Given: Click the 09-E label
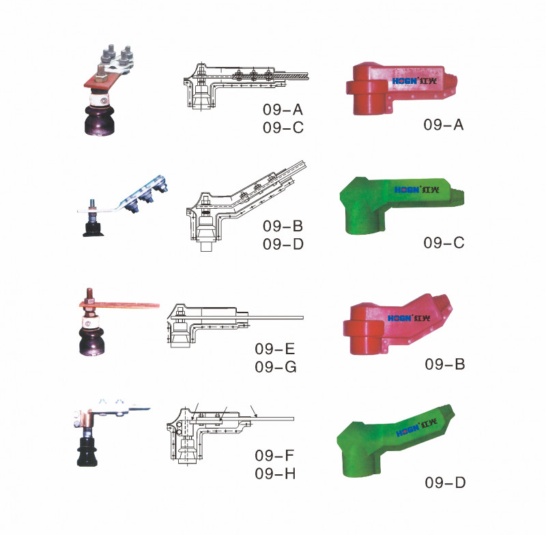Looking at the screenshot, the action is point(275,349).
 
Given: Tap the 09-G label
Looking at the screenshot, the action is point(276,367).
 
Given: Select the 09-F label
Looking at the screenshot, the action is point(274,455).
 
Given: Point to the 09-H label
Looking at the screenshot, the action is point(275,474).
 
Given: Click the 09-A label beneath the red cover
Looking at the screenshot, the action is point(443,125).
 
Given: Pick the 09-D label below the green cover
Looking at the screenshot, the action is point(445,482).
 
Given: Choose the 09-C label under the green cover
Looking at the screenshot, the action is point(444,243).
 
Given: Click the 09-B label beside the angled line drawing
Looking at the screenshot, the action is point(283,227).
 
